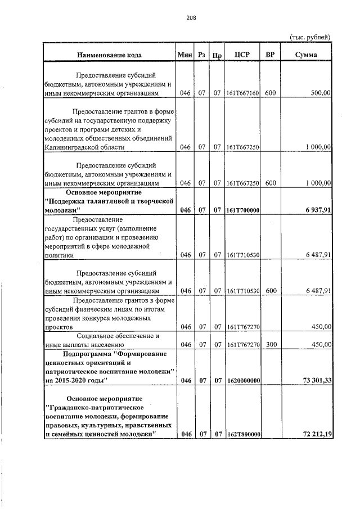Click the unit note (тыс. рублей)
point(309,37)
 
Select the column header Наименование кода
point(110,55)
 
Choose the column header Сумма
point(305,55)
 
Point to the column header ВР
point(270,55)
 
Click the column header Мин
point(184,55)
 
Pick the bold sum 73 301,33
point(313,381)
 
